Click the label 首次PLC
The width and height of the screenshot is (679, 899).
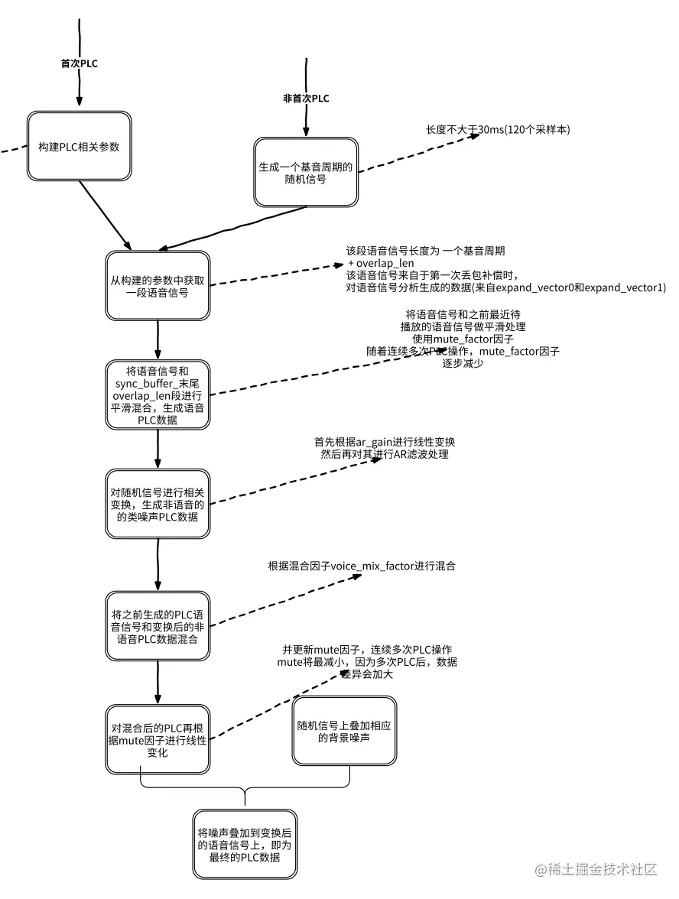(80, 63)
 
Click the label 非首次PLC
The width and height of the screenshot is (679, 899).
(306, 99)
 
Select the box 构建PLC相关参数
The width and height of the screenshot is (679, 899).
(80, 147)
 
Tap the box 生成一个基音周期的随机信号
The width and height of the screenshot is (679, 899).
(306, 173)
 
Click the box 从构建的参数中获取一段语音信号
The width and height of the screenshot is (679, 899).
(157, 285)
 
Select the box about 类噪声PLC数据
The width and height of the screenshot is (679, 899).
(157, 505)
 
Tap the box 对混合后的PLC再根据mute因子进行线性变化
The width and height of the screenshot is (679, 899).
(157, 739)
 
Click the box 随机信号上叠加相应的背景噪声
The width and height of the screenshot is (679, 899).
(345, 731)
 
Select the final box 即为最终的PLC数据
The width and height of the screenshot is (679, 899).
(244, 843)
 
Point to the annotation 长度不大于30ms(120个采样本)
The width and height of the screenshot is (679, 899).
(498, 130)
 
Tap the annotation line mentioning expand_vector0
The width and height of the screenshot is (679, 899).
(505, 287)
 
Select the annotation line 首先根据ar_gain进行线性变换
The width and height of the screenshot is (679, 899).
(385, 442)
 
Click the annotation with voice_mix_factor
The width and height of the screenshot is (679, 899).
(362, 566)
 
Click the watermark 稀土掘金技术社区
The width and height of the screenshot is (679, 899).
(597, 870)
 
